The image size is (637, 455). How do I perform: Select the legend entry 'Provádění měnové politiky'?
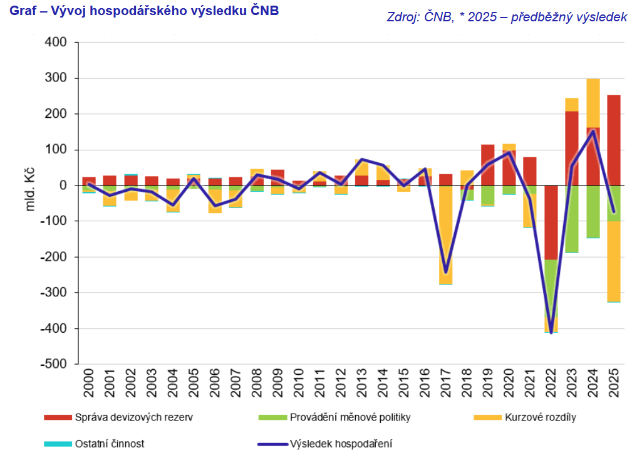click(x=350, y=417)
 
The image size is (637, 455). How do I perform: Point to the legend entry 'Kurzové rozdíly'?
click(x=540, y=417)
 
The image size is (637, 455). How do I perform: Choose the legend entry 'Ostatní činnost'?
click(x=109, y=444)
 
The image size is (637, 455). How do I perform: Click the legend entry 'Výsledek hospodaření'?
click(x=341, y=444)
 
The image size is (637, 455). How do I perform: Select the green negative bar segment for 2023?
click(x=572, y=219)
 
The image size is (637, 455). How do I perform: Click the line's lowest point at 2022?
click(x=551, y=332)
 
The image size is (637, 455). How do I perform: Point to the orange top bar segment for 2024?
click(x=593, y=103)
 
